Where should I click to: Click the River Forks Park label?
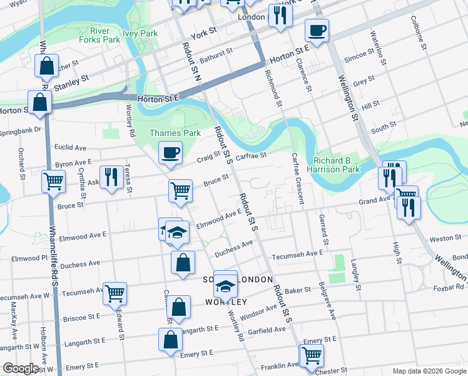99,34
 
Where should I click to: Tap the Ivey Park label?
140,33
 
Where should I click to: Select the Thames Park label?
175,133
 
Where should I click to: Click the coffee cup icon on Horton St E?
317,30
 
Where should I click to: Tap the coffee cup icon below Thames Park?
170,152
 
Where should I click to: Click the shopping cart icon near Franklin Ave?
311,355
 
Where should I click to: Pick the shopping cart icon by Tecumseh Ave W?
114,293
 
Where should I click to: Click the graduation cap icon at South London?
225,287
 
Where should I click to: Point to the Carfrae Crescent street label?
298,179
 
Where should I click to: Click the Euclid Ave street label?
71,148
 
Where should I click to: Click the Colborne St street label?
423,38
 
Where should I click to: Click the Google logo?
21,368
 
